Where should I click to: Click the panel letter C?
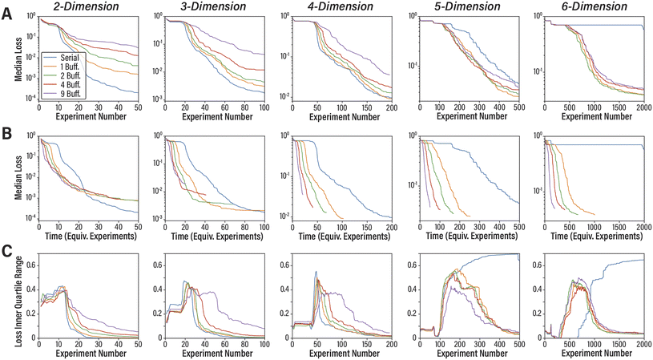[6, 249]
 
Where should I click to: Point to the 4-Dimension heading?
[339, 6]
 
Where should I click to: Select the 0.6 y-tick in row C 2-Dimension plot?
[29, 265]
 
